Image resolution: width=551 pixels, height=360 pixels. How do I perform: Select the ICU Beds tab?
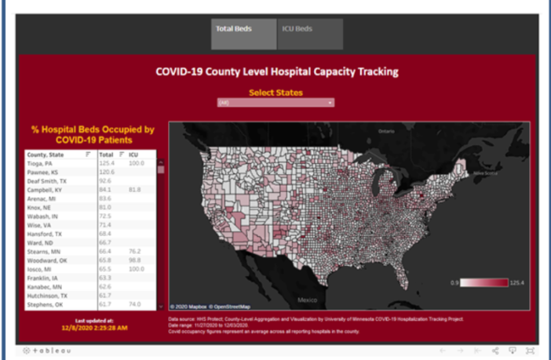[x=297, y=30]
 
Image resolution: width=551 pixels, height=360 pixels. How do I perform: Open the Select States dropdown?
[x=275, y=103]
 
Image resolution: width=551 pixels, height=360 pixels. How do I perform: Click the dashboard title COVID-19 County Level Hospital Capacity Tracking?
[x=276, y=72]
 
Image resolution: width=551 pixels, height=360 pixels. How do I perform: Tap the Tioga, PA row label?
[x=39, y=163]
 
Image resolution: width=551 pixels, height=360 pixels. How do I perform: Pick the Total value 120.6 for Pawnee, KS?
[x=106, y=172]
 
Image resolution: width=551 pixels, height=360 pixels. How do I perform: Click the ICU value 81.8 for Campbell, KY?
[x=135, y=189]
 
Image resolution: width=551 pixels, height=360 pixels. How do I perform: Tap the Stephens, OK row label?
[x=44, y=304]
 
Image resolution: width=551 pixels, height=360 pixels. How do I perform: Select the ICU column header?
[x=133, y=155]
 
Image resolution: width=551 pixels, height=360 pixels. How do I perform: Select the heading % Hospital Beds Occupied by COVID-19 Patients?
[x=93, y=134]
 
